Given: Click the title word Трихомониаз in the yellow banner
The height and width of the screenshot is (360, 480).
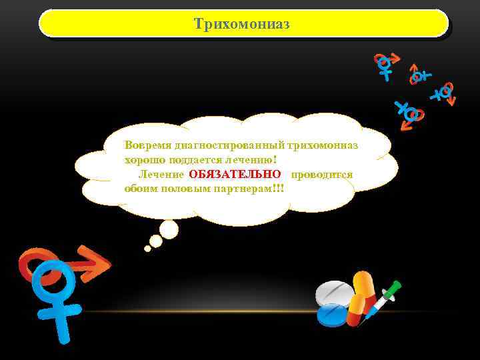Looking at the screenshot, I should click(242, 24).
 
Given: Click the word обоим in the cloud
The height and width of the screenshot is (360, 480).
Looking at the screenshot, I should click(139, 189).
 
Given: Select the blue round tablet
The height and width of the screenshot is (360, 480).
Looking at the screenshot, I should click(332, 313).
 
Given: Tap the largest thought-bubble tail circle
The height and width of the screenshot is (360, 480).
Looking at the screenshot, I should click(169, 229).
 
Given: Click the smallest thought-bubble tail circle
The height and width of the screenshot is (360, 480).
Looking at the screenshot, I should click(147, 249).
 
